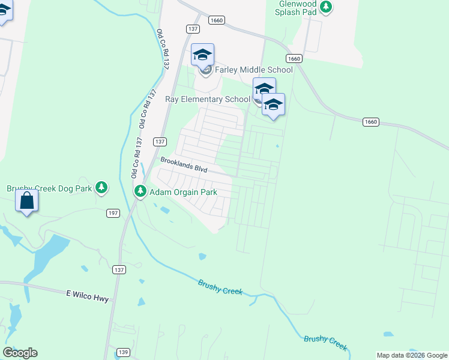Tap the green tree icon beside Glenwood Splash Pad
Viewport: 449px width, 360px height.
[326, 7]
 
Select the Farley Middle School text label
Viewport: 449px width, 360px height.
[254, 70]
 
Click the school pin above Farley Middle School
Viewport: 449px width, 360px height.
[203, 56]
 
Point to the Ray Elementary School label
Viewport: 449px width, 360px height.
[208, 99]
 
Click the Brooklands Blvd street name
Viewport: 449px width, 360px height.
[184, 165]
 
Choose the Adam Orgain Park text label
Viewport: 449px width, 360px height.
[182, 192]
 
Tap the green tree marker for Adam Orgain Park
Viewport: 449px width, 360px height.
[140, 191]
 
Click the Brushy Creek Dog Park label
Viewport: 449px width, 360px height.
[49, 188]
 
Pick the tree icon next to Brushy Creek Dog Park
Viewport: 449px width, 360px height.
[101, 188]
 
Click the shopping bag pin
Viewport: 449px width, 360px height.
[27, 200]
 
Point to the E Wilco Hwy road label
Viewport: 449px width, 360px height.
[87, 293]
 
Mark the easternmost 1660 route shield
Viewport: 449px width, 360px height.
[371, 122]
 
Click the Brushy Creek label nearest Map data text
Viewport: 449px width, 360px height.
[325, 342]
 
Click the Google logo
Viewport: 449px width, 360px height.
[20, 353]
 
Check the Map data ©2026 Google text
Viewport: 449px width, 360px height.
[412, 355]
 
